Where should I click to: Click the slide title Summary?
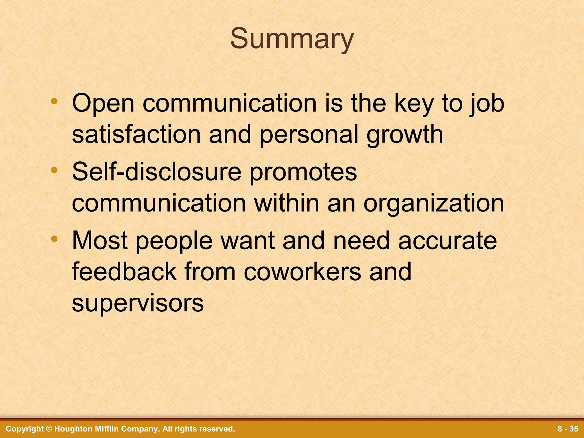coord(292,39)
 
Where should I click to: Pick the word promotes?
coord(303,173)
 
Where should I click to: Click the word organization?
coord(434,204)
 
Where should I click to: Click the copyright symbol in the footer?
coord(49,429)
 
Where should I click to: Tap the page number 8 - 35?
coord(568,429)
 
